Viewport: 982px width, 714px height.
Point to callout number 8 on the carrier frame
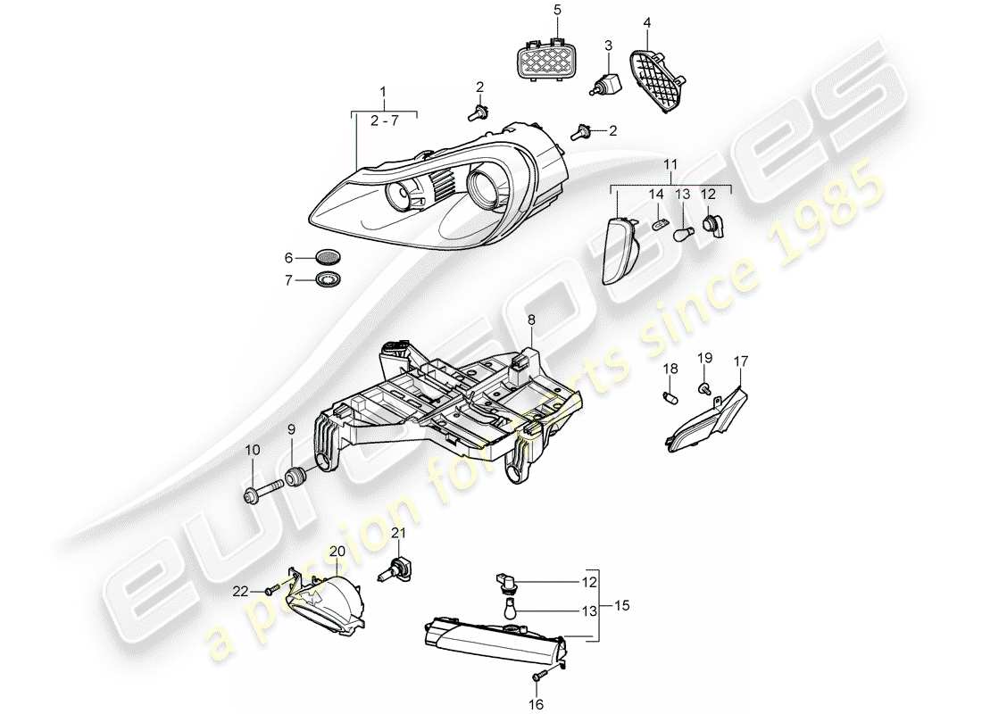point(530,318)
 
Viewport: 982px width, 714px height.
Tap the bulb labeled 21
point(393,568)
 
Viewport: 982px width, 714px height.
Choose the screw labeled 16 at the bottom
point(539,677)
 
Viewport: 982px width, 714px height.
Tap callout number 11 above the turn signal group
point(670,165)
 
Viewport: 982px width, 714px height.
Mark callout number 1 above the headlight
point(384,92)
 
